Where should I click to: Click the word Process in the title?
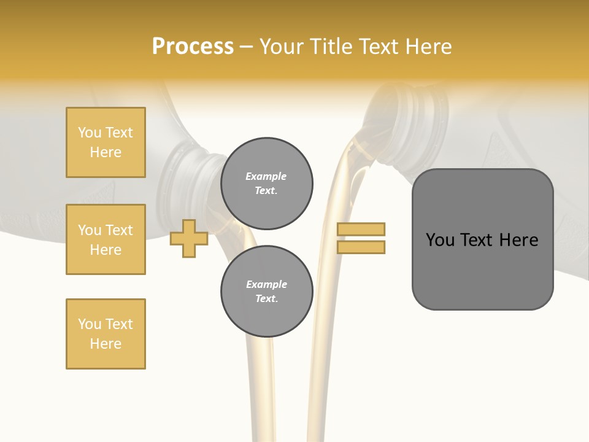(x=192, y=46)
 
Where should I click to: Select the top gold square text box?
(x=106, y=142)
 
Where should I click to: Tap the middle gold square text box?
(x=106, y=239)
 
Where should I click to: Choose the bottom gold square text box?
(x=106, y=334)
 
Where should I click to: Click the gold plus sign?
(x=189, y=238)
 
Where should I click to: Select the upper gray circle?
(x=266, y=184)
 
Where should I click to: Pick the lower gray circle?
(x=266, y=291)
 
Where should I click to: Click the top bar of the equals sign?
(x=361, y=229)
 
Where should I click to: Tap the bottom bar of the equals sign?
(x=361, y=247)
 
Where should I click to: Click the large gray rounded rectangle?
(x=482, y=239)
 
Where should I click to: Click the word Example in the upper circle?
(x=266, y=176)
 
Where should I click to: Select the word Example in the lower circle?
(x=266, y=284)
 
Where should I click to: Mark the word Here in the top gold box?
(x=106, y=152)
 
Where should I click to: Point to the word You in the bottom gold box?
(x=89, y=324)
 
